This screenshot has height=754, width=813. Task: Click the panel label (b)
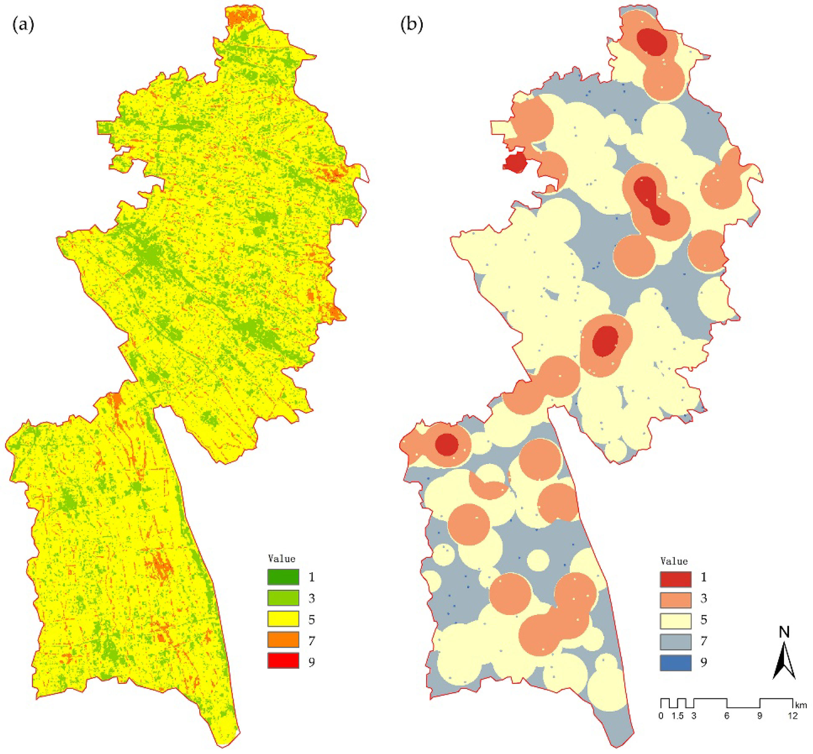(412, 25)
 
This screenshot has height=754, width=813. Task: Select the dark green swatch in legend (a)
(283, 577)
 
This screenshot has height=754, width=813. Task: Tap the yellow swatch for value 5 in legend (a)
(283, 619)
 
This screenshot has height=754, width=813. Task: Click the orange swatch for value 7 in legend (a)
(283, 640)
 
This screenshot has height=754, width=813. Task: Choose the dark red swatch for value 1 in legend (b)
(675, 579)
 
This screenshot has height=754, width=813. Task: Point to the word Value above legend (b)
(674, 561)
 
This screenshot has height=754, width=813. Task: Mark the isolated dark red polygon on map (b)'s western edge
(515, 163)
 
